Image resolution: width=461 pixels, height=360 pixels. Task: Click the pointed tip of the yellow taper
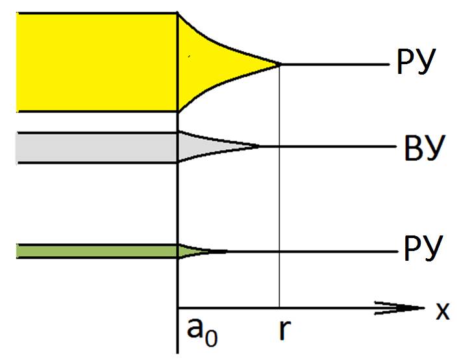point(280,64)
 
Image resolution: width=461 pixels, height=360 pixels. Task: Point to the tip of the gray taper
point(259,147)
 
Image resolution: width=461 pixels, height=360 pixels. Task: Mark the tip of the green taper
point(225,251)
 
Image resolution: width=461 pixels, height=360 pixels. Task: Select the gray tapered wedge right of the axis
point(201,147)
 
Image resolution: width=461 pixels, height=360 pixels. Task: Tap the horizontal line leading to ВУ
point(325,147)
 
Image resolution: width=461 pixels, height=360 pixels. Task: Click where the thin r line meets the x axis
point(279,307)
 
